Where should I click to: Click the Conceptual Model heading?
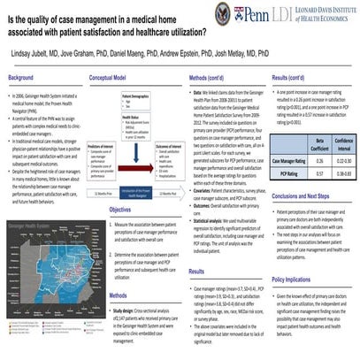[115, 77]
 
